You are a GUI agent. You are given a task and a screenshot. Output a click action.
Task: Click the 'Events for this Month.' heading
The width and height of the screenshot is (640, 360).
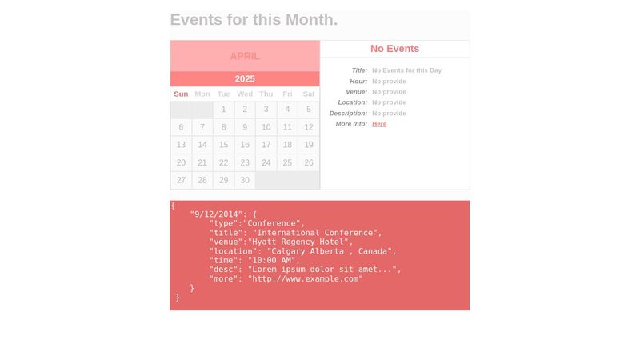click(254, 20)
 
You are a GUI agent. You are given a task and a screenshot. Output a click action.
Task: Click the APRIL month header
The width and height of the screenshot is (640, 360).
click(245, 56)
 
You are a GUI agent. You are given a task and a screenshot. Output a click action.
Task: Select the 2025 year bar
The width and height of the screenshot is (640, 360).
click(245, 78)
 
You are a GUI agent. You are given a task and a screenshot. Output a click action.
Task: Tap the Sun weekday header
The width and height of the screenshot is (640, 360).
click(181, 94)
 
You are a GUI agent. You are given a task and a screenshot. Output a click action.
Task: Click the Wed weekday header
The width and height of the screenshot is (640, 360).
click(245, 94)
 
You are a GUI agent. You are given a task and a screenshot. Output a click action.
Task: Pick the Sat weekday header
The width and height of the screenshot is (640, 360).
click(309, 94)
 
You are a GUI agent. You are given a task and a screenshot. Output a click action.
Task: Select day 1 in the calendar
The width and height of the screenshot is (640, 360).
click(224, 110)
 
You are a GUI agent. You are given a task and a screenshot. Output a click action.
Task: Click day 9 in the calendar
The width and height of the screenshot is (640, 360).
click(245, 127)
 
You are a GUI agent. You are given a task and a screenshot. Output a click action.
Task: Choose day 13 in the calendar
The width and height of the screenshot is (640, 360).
click(181, 145)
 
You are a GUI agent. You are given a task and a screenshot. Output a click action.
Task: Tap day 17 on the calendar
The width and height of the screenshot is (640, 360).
click(266, 145)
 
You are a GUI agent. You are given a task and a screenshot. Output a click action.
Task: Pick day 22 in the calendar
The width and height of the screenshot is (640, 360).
click(224, 162)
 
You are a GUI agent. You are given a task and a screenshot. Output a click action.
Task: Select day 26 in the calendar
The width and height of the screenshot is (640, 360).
click(309, 162)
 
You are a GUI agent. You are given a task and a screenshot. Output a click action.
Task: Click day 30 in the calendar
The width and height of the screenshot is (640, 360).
click(245, 180)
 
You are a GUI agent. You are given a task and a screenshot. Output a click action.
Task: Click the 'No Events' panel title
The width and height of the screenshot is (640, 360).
click(394, 49)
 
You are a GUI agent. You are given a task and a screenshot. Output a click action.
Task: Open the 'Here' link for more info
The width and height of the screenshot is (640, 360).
click(379, 124)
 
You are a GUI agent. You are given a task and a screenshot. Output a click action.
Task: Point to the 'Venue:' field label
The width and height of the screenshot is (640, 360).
click(356, 92)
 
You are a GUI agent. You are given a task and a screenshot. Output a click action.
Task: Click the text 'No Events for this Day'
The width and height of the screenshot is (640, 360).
click(406, 70)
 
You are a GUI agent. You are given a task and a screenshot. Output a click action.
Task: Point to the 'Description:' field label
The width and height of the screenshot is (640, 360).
click(348, 114)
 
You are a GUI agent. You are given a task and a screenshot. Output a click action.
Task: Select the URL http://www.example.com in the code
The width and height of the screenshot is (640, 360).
click(305, 278)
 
